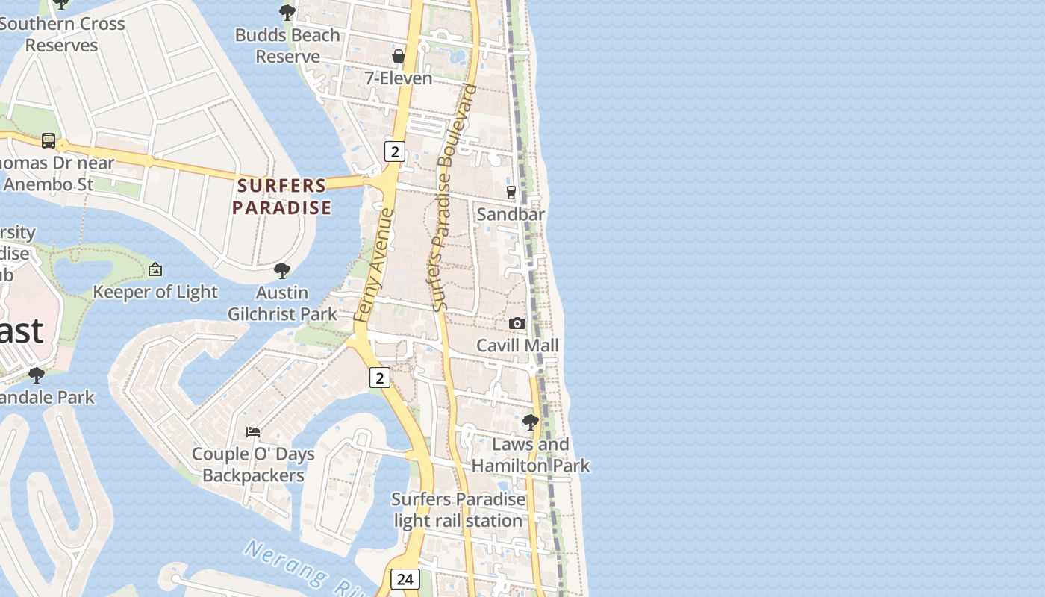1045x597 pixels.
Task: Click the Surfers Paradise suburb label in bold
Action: [281, 196]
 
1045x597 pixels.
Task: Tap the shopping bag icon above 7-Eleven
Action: [399, 56]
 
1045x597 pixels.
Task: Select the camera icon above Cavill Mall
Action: [517, 323]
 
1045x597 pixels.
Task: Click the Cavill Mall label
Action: [517, 346]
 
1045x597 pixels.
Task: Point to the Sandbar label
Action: [511, 214]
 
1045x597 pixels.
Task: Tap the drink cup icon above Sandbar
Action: [511, 192]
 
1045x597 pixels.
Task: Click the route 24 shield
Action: [405, 578]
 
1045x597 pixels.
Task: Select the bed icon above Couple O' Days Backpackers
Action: [253, 431]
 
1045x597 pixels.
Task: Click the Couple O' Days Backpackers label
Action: [253, 464]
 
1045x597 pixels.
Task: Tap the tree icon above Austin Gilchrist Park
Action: [281, 270]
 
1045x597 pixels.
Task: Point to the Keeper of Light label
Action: [155, 292]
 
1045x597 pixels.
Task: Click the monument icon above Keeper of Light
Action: [155, 269]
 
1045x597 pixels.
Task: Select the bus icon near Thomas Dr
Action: [49, 140]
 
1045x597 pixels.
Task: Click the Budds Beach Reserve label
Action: [287, 46]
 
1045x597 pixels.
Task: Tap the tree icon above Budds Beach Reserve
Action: [287, 12]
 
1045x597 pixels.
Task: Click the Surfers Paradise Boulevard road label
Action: [453, 198]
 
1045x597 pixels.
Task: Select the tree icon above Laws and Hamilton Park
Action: [531, 422]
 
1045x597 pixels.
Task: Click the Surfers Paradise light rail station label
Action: [458, 510]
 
